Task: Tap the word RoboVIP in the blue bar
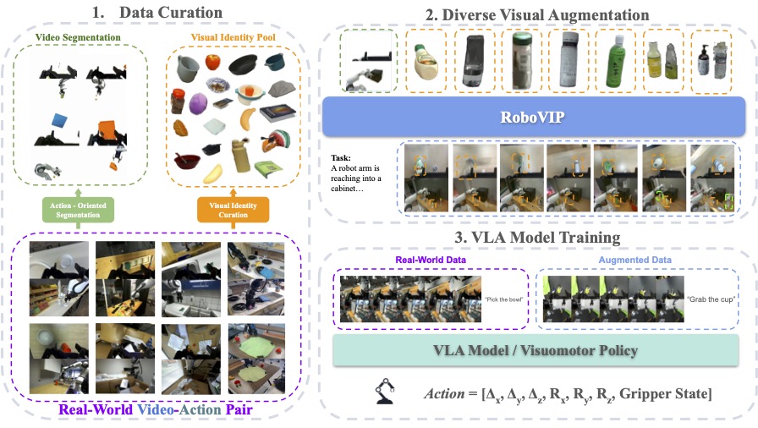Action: pyautogui.click(x=533, y=114)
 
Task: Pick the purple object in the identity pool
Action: pyautogui.click(x=198, y=104)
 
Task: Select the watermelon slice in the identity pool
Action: pyautogui.click(x=277, y=141)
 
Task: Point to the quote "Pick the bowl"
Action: pyautogui.click(x=504, y=299)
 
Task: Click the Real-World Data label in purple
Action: pyautogui.click(x=431, y=261)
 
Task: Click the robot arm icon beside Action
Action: pyautogui.click(x=386, y=393)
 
